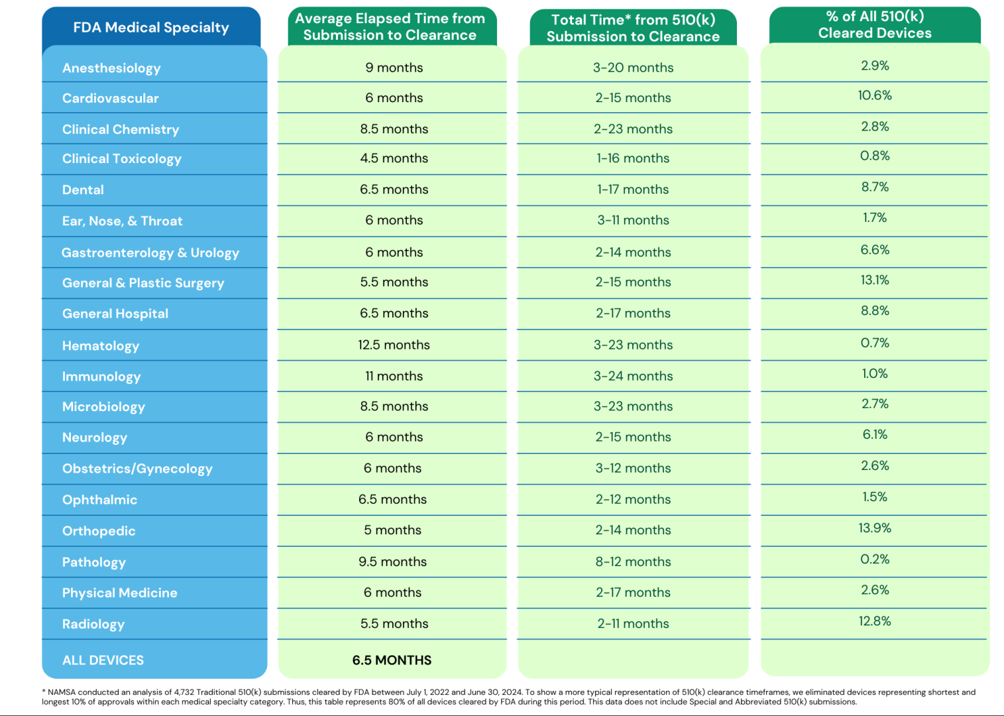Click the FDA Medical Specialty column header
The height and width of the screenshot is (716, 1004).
[151, 28]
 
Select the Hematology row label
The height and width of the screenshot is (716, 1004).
[101, 345]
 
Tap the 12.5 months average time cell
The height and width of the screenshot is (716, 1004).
[394, 345]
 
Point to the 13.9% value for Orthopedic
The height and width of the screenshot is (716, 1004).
[875, 528]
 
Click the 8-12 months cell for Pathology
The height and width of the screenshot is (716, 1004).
[633, 562]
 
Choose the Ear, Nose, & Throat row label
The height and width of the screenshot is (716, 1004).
[123, 221]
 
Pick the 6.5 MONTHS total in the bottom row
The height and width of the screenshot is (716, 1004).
[392, 660]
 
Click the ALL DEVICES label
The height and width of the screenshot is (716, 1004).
[103, 660]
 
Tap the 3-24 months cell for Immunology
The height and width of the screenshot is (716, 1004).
[633, 376]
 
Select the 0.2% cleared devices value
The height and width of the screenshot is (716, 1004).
[875, 559]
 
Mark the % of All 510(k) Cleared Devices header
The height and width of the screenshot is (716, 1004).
[875, 25]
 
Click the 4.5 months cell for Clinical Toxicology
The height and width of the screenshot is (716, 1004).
[394, 158]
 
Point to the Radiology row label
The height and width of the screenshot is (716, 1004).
[93, 624]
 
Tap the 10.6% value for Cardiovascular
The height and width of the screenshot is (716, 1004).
[875, 95]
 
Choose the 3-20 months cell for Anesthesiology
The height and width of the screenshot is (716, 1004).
[633, 68]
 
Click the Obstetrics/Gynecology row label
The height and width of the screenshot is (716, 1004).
[137, 469]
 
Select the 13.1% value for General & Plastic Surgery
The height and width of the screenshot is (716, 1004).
[875, 280]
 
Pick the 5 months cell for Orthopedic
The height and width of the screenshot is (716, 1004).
[392, 530]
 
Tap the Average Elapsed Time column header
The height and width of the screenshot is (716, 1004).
[390, 27]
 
